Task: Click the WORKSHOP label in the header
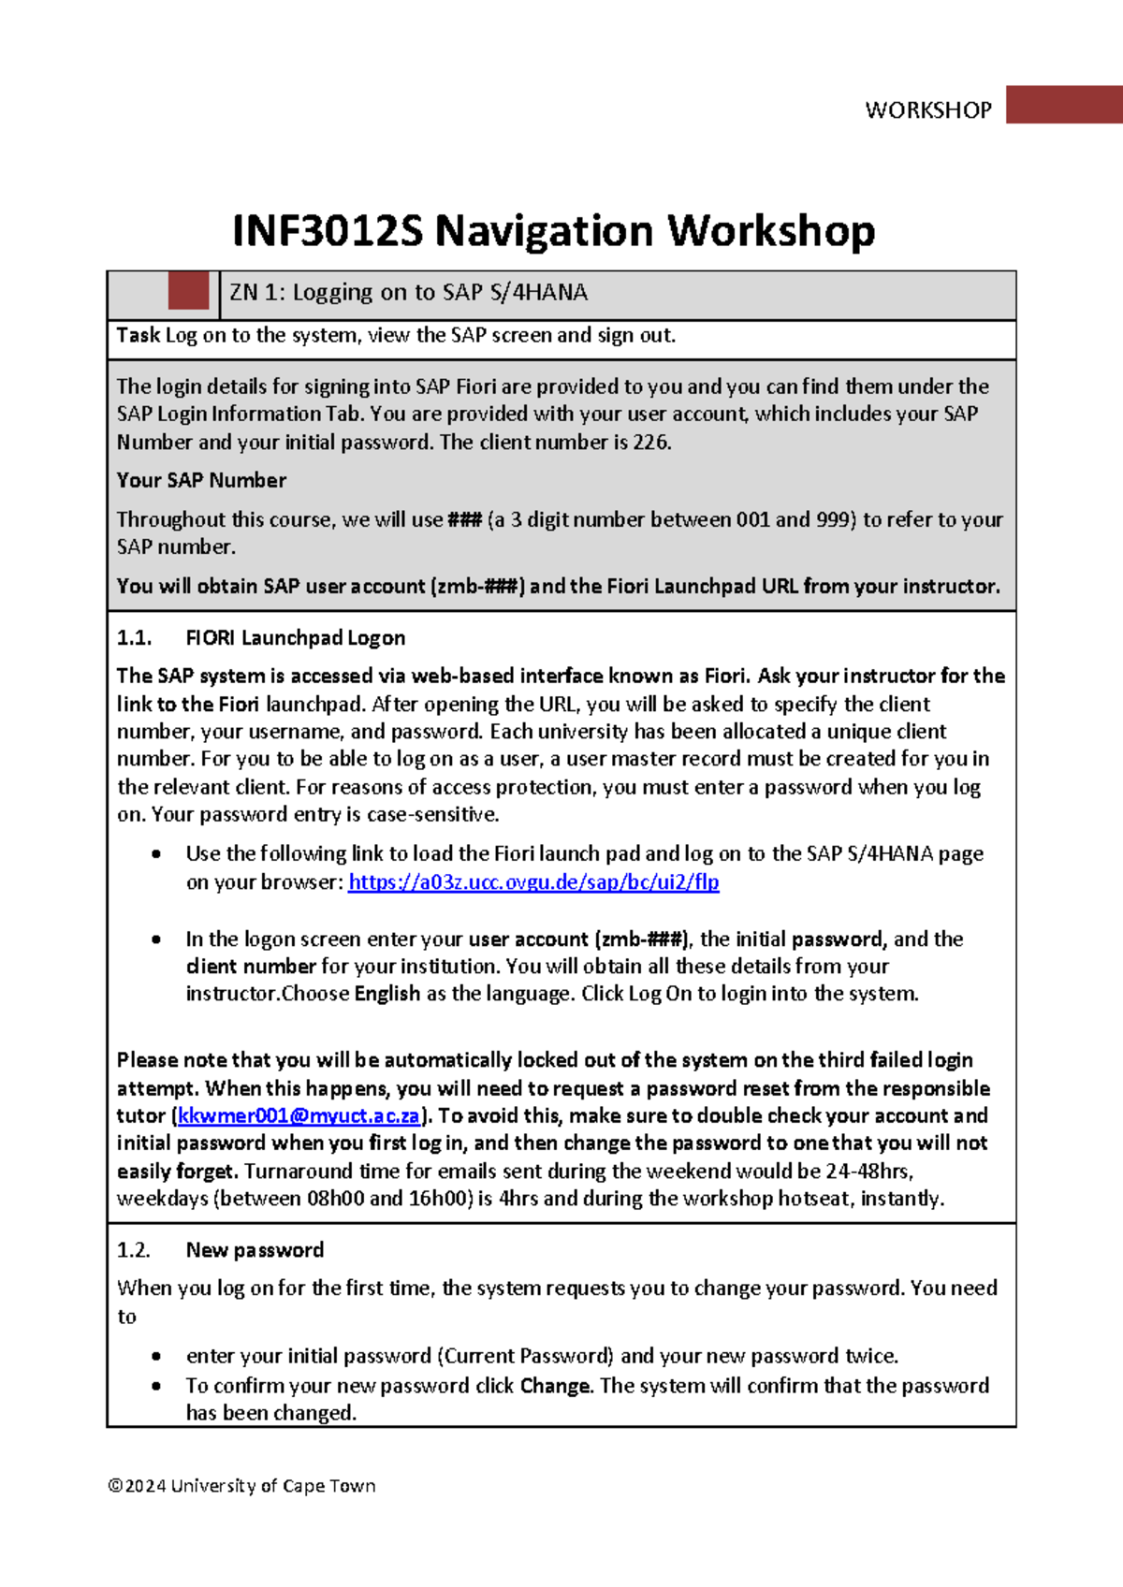[927, 110]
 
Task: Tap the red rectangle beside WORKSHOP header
[1064, 105]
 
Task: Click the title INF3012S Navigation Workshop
[553, 230]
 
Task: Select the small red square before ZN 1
[188, 291]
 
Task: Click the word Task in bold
[138, 335]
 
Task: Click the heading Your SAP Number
[201, 480]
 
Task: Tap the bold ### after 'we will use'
[464, 519]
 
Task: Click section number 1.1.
[134, 638]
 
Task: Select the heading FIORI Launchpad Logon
[295, 638]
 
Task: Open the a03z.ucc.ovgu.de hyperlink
[533, 881]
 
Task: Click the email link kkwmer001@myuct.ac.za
[299, 1115]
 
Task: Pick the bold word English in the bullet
[386, 994]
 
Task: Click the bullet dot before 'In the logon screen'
[156, 939]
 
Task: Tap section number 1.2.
[134, 1250]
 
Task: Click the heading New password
[255, 1250]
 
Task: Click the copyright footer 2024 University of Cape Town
[241, 1486]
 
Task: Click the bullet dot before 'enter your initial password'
[156, 1357]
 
